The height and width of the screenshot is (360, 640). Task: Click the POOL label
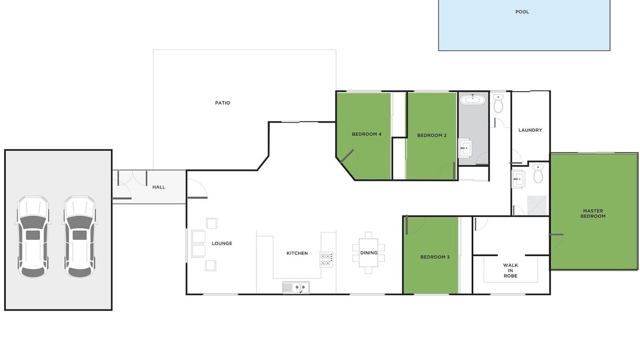pos(522,12)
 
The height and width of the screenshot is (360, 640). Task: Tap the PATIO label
pos(222,103)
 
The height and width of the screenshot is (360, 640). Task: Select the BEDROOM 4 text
pos(366,134)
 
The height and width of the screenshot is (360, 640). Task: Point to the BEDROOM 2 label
pos(431,135)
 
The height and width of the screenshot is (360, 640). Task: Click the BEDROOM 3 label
pos(435,257)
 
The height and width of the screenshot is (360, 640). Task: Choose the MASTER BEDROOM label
pos(593,213)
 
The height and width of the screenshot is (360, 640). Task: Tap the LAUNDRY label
pos(530,130)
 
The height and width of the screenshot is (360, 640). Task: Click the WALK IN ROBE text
pos(510,270)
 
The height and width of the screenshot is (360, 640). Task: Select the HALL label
pos(158,187)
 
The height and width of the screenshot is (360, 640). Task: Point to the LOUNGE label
pos(221,243)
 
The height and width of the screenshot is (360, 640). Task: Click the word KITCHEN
pos(297,253)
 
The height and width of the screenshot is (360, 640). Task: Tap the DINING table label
pos(368,253)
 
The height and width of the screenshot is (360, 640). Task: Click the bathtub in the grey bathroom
pos(472,99)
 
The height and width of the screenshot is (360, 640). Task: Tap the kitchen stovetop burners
pos(326,259)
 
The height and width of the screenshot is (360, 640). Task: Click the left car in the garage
pos(32,236)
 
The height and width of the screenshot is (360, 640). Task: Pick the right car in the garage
pos(79,236)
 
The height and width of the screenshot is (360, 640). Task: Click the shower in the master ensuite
pos(537,205)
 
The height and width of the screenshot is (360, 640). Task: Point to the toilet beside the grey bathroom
pos(498,103)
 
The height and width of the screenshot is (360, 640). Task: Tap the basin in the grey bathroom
pos(465,148)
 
